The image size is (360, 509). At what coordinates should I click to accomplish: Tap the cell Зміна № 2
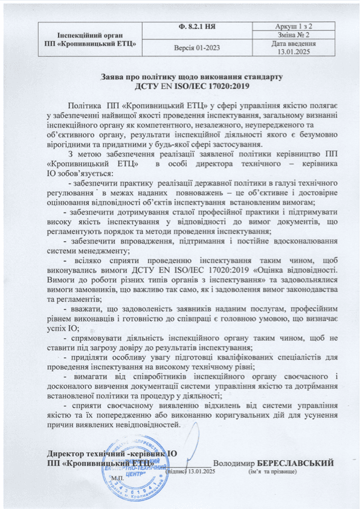click(x=294, y=36)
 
